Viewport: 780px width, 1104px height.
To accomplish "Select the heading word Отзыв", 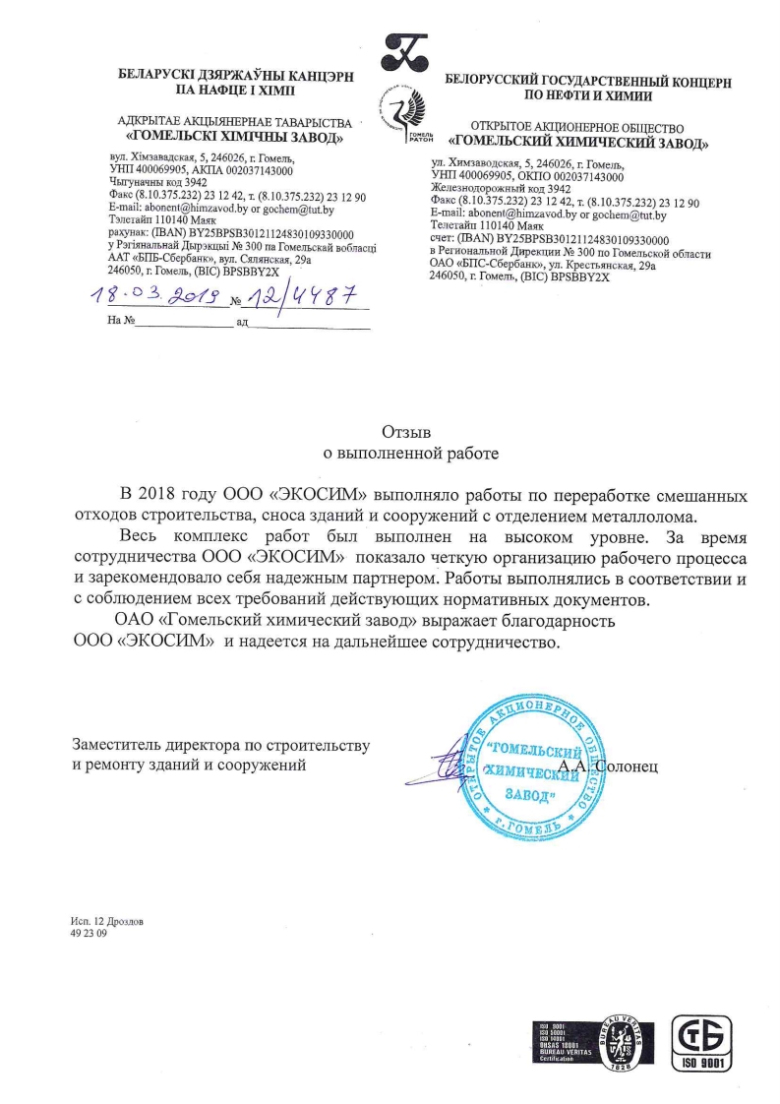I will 405,431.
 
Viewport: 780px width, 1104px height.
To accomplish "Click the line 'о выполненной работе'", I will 405,455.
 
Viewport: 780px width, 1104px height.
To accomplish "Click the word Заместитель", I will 118,745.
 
